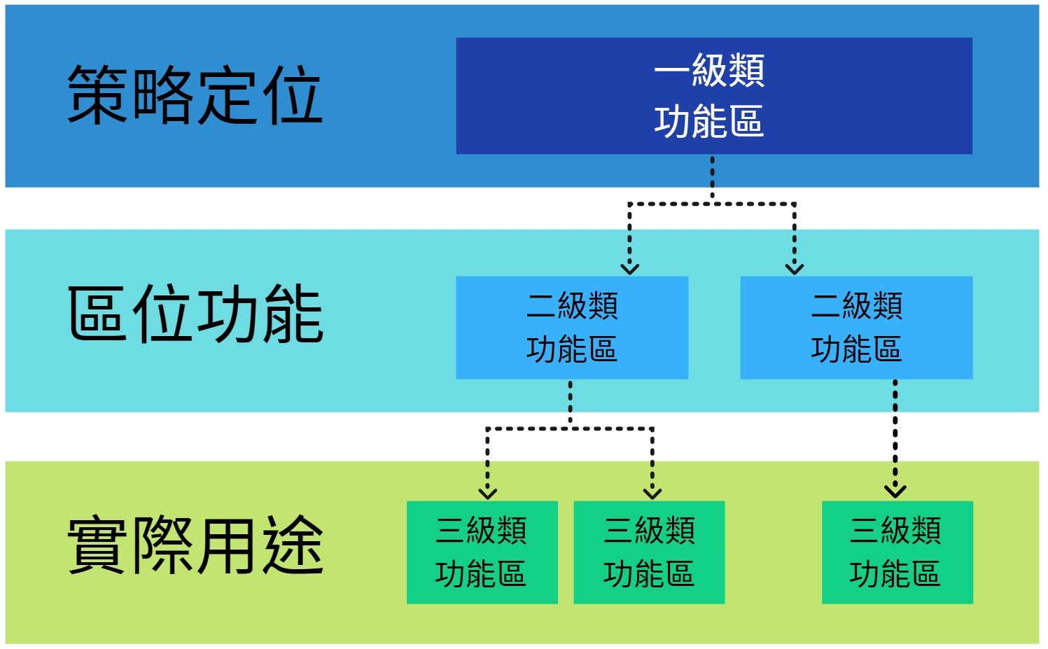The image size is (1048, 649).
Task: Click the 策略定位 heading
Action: click(195, 95)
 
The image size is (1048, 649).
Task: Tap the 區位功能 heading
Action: click(195, 314)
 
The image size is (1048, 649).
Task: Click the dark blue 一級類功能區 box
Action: click(714, 96)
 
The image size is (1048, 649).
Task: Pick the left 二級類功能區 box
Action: click(572, 328)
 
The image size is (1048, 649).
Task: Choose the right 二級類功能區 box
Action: click(856, 328)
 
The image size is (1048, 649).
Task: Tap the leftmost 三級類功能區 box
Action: click(482, 552)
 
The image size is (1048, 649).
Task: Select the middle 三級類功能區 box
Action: click(650, 552)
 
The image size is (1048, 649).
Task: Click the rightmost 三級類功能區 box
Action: click(897, 552)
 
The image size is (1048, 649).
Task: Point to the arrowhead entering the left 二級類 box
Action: click(630, 269)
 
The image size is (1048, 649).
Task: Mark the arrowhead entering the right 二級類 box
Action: click(795, 269)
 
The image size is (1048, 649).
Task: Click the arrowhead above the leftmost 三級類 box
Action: click(487, 493)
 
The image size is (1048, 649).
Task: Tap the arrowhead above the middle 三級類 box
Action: click(652, 493)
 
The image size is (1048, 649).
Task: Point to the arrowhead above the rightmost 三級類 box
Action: click(895, 491)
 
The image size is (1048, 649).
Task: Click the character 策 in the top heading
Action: click(97, 95)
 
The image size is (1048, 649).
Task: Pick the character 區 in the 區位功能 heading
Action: click(97, 314)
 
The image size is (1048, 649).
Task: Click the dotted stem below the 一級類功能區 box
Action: click(712, 179)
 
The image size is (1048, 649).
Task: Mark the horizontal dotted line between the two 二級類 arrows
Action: click(712, 204)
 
